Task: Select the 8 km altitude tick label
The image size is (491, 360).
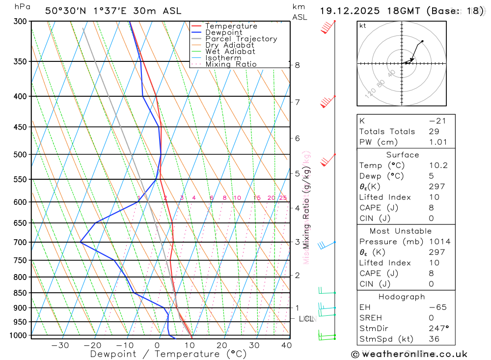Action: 297,65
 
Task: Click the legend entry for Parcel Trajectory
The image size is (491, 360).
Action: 241,39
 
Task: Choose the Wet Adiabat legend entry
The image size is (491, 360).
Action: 230,52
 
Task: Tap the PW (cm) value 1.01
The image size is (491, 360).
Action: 438,142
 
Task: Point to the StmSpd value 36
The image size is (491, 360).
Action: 435,339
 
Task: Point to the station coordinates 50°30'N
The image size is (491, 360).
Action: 64,11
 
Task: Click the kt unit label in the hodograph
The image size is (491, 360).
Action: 363,26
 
